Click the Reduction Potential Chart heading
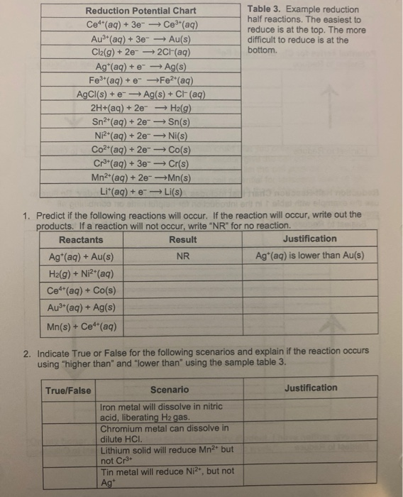tap(140, 11)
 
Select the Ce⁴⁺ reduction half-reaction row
tap(140, 24)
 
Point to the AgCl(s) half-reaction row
tap(140, 94)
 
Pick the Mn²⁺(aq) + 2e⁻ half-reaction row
tap(140, 177)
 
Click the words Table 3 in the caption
tap(265, 10)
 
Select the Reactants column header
tap(81, 239)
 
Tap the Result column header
tap(183, 239)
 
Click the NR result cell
tap(183, 256)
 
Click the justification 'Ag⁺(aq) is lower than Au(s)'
tap(310, 256)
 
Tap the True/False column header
tap(68, 390)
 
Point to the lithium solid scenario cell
tap(167, 454)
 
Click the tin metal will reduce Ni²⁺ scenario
tap(167, 476)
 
